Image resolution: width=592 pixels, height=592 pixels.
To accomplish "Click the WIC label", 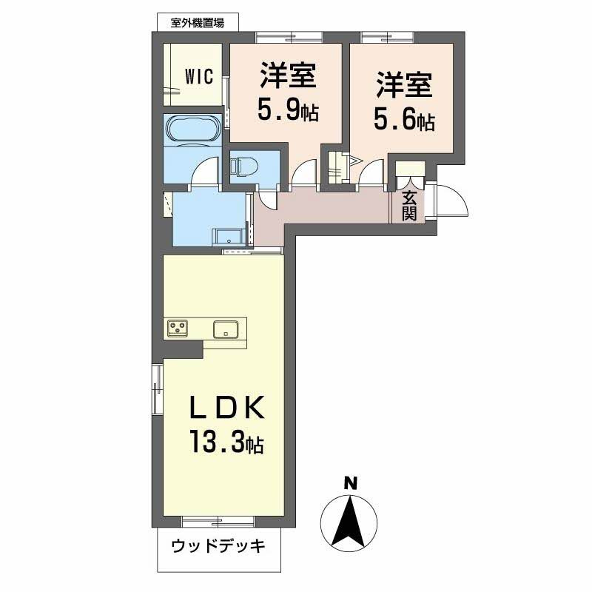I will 199,76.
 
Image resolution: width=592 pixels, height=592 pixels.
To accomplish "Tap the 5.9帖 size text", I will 288,111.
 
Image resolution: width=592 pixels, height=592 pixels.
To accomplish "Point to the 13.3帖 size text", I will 224,444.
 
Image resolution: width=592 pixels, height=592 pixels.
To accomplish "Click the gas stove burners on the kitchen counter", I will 178,327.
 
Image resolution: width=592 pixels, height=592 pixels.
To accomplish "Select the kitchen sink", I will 225,329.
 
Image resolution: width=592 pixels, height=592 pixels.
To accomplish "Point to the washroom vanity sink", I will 229,236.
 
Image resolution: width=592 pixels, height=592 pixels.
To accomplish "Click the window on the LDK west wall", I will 156,388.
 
